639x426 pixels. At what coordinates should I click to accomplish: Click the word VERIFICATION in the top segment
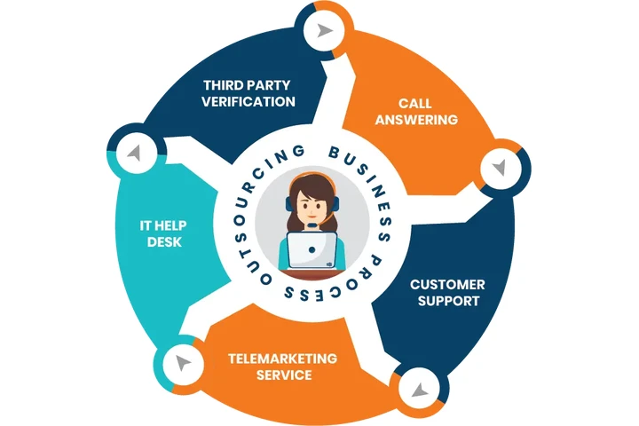point(248,101)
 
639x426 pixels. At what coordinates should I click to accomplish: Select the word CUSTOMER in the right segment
point(446,284)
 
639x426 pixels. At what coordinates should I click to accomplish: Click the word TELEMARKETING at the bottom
point(283,359)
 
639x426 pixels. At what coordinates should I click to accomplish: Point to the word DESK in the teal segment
point(163,241)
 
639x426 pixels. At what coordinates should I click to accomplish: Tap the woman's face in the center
point(314,203)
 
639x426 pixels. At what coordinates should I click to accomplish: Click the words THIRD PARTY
point(247,85)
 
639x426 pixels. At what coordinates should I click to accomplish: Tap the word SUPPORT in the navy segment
point(448,301)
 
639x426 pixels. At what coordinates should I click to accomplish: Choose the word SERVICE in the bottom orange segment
point(283,375)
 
